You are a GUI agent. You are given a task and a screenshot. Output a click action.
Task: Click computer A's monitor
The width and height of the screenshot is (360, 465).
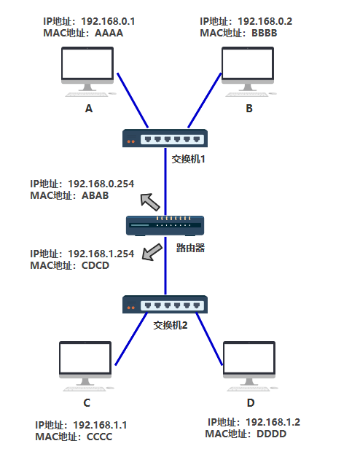pyautogui.click(x=89, y=68)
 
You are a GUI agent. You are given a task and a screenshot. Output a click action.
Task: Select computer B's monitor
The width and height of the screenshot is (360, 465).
pyautogui.click(x=249, y=68)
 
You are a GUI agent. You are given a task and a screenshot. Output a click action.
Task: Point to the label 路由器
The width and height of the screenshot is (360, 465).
pyautogui.click(x=190, y=248)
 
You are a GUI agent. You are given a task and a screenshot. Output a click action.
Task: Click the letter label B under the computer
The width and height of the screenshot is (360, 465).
pyautogui.click(x=249, y=109)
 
